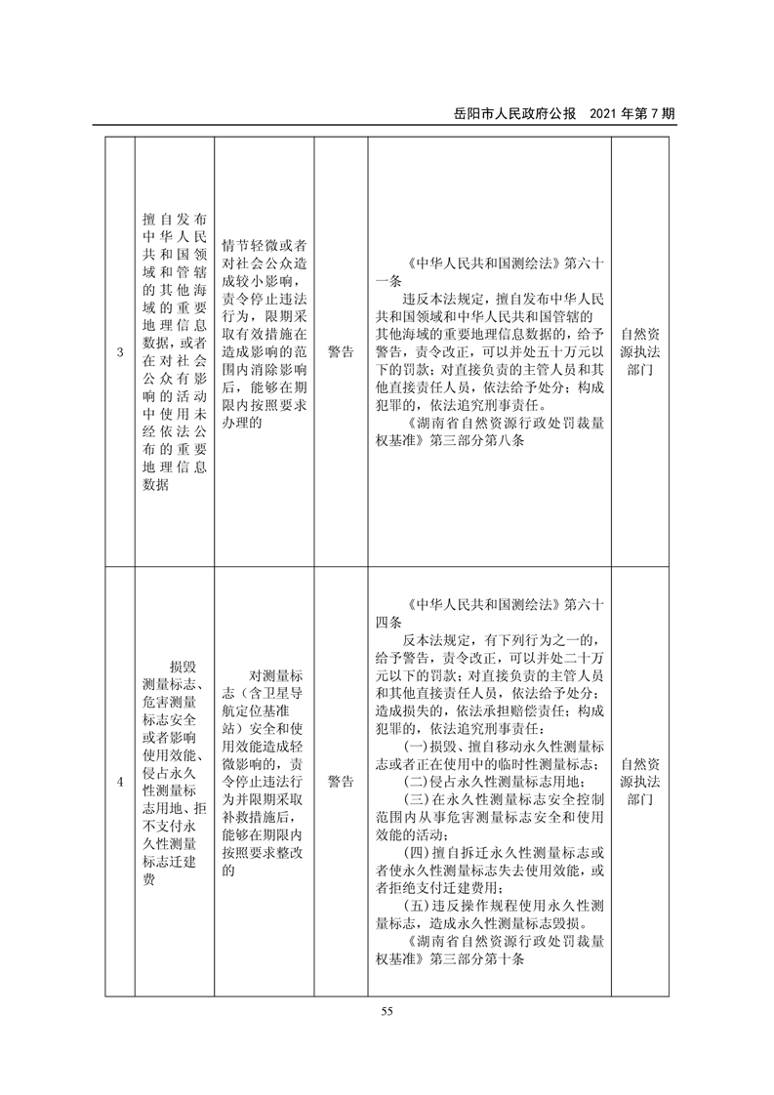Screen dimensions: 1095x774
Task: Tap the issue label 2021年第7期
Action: point(632,113)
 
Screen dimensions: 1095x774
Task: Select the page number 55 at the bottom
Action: point(387,1011)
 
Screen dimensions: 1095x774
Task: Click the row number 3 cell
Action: point(119,352)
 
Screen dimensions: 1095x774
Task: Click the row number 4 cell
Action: point(119,782)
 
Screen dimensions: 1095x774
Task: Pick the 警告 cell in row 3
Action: point(341,352)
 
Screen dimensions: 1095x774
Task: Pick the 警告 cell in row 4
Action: point(341,782)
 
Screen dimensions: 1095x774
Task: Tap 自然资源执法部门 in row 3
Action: point(640,352)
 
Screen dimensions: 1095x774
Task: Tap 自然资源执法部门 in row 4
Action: point(640,781)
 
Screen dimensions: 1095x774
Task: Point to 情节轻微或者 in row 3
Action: point(264,243)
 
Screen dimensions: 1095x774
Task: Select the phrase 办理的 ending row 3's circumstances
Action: point(241,425)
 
